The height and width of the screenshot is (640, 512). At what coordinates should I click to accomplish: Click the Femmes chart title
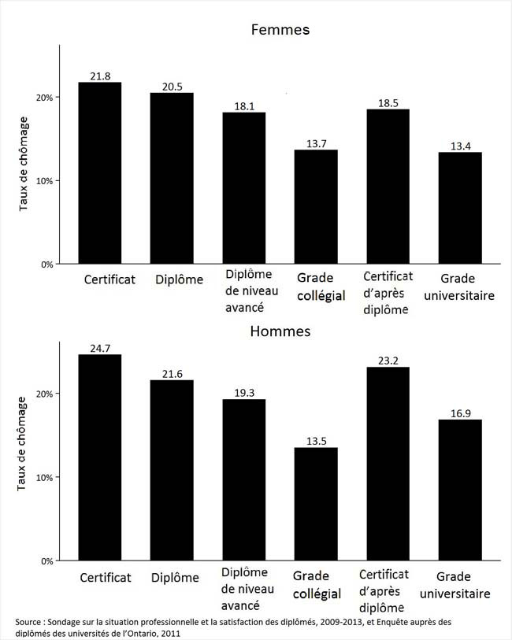tap(280, 30)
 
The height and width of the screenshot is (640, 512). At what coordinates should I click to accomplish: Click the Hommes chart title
tap(280, 331)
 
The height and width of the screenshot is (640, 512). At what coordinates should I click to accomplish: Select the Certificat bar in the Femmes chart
tap(100, 173)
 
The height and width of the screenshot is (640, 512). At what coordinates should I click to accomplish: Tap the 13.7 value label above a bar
tap(316, 142)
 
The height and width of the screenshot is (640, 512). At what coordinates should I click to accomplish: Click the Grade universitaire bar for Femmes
tap(460, 208)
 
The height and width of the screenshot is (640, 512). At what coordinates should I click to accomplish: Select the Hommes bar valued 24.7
tap(100, 457)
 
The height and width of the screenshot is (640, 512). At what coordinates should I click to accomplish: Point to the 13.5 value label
tap(316, 440)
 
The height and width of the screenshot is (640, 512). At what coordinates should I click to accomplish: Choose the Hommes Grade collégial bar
tap(316, 504)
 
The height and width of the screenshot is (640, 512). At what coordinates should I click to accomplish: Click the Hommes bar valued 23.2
tap(388, 464)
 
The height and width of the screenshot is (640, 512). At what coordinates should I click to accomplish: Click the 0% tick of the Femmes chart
tap(46, 265)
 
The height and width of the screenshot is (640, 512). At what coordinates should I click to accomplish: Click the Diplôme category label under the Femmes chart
tap(179, 279)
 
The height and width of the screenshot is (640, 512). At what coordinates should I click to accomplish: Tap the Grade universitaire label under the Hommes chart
tap(463, 585)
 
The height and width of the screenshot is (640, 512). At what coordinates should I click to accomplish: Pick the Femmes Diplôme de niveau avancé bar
tap(243, 188)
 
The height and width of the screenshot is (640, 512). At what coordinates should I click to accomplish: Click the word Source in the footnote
tap(31, 622)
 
